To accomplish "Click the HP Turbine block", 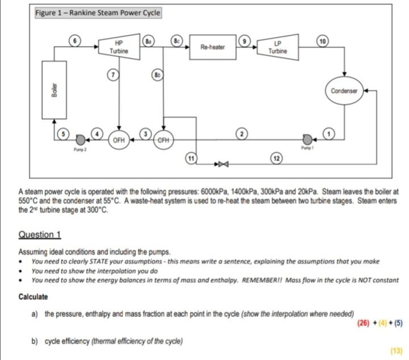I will tap(119, 48).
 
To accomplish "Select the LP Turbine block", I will tap(278, 48).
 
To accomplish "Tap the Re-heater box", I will tap(213, 48).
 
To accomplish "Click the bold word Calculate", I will tap(33, 296).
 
